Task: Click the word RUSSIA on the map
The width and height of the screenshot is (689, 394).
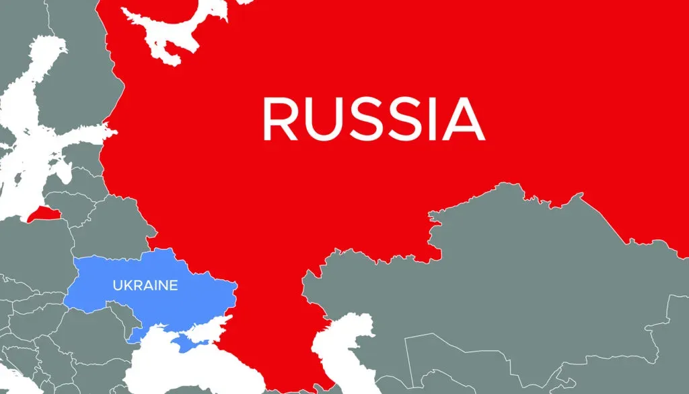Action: click(373, 119)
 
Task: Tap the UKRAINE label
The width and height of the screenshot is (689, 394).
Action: click(145, 286)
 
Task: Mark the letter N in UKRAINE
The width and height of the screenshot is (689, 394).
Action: click(165, 286)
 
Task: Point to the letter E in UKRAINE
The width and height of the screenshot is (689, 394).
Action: click(174, 286)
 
